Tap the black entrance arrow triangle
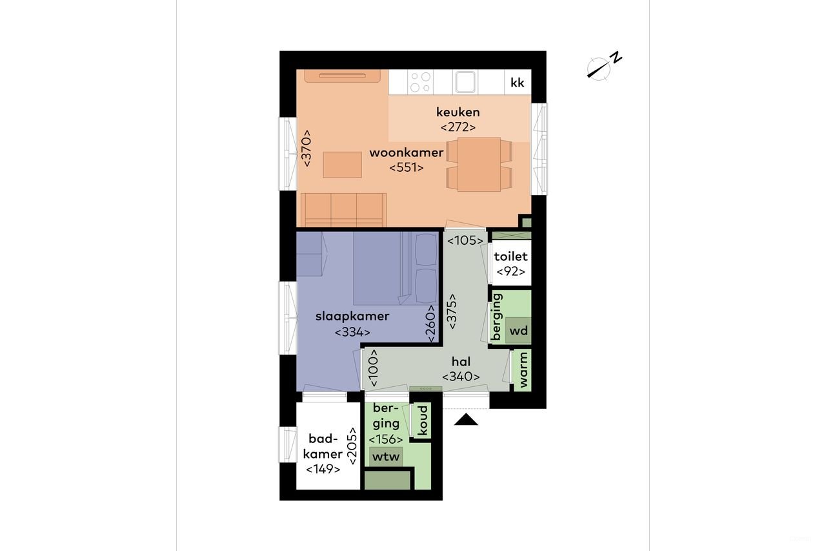tap(467, 421)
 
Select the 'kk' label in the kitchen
tap(518, 83)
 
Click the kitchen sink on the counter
tap(465, 81)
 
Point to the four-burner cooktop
tap(420, 81)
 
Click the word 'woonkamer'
tap(406, 153)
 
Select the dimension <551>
tap(406, 168)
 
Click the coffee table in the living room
tap(342, 165)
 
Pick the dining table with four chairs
tap(479, 165)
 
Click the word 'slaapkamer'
tap(352, 317)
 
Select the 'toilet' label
tap(510, 256)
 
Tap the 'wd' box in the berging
tap(519, 331)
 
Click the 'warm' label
tap(523, 370)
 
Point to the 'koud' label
tap(422, 420)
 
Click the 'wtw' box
tap(386, 457)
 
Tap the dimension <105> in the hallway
tap(465, 241)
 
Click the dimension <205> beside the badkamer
tap(352, 446)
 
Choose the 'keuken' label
tap(458, 112)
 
